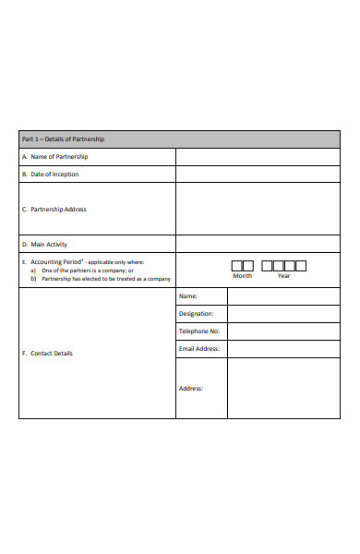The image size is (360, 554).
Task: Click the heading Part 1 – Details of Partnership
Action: (63, 139)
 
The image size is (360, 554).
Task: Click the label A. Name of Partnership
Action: (54, 157)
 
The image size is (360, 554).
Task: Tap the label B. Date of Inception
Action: (50, 174)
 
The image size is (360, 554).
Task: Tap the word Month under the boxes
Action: (242, 276)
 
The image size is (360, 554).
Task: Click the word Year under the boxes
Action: (283, 276)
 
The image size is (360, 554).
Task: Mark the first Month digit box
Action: (235, 266)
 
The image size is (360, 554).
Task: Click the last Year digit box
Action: (301, 266)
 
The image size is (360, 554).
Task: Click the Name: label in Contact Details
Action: (187, 296)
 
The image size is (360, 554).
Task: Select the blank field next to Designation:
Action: (283, 314)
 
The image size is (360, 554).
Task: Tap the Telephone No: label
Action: (199, 331)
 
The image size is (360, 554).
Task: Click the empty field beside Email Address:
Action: (283, 349)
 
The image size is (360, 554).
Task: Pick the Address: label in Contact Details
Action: (190, 388)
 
